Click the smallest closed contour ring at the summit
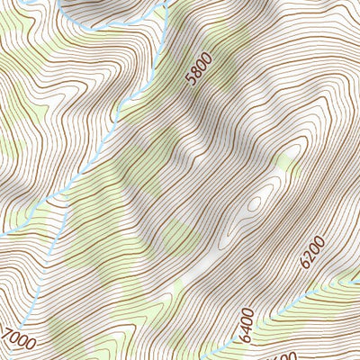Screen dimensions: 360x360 tap(254, 203)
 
